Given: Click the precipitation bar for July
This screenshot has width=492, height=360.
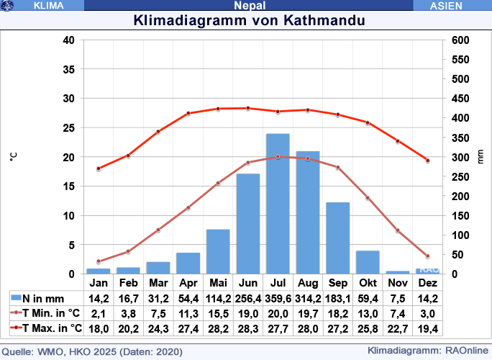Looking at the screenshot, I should [x=278, y=204].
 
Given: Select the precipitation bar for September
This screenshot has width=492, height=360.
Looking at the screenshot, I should [x=337, y=238].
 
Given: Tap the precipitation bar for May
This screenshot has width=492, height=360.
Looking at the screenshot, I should [x=218, y=251].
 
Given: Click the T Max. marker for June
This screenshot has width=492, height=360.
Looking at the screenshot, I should [x=248, y=108].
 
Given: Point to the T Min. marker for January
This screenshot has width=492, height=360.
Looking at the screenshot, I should [x=99, y=261].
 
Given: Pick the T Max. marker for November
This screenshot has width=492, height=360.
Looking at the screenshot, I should [x=398, y=141].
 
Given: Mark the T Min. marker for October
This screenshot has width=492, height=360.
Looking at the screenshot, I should [x=368, y=198].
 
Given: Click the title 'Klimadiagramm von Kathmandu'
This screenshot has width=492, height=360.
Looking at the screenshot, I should [x=250, y=20].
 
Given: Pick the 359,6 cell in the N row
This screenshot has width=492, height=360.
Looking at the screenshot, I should [x=278, y=298].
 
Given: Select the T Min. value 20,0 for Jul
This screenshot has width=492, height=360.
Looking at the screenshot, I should [x=278, y=313].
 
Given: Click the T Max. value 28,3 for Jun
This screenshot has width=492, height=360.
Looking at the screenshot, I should [x=248, y=328].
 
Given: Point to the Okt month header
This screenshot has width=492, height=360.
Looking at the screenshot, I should [x=368, y=283].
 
